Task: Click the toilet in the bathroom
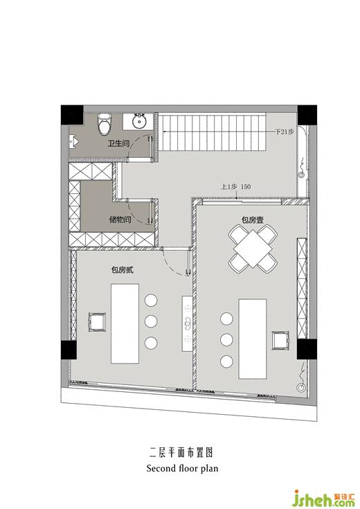coord(105,124)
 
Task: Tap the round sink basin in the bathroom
coord(140,121)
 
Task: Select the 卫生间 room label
coord(119,143)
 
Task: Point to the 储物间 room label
coord(120,220)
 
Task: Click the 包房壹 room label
coord(252,220)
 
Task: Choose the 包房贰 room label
coord(123,270)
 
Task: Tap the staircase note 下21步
coord(285,132)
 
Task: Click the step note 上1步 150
coord(236,187)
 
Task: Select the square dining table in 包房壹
coord(253,249)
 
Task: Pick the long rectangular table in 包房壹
coord(253,339)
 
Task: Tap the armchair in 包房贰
coord(97,322)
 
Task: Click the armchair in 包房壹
coord(280,340)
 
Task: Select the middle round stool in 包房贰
coord(151,321)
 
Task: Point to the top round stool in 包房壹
coord(226,319)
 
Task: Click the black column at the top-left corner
coord(72,114)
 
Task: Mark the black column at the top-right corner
coord(307,114)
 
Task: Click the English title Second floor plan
coord(182,468)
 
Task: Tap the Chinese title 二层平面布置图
coord(181,452)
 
